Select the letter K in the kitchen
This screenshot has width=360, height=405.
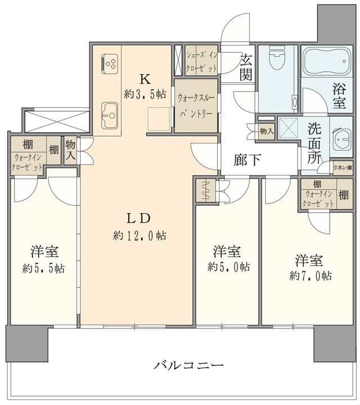pyautogui.click(x=145, y=79)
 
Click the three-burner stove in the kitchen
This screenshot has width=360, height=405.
pyautogui.click(x=110, y=62)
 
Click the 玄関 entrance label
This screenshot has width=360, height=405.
pyautogui.click(x=246, y=66)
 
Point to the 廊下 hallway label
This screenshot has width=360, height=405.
pyautogui.click(x=247, y=161)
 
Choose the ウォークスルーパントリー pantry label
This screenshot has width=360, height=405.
pyautogui.click(x=195, y=105)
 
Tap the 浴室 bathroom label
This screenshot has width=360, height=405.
pyautogui.click(x=339, y=95)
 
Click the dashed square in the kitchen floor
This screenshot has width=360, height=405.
pyautogui.click(x=158, y=119)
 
